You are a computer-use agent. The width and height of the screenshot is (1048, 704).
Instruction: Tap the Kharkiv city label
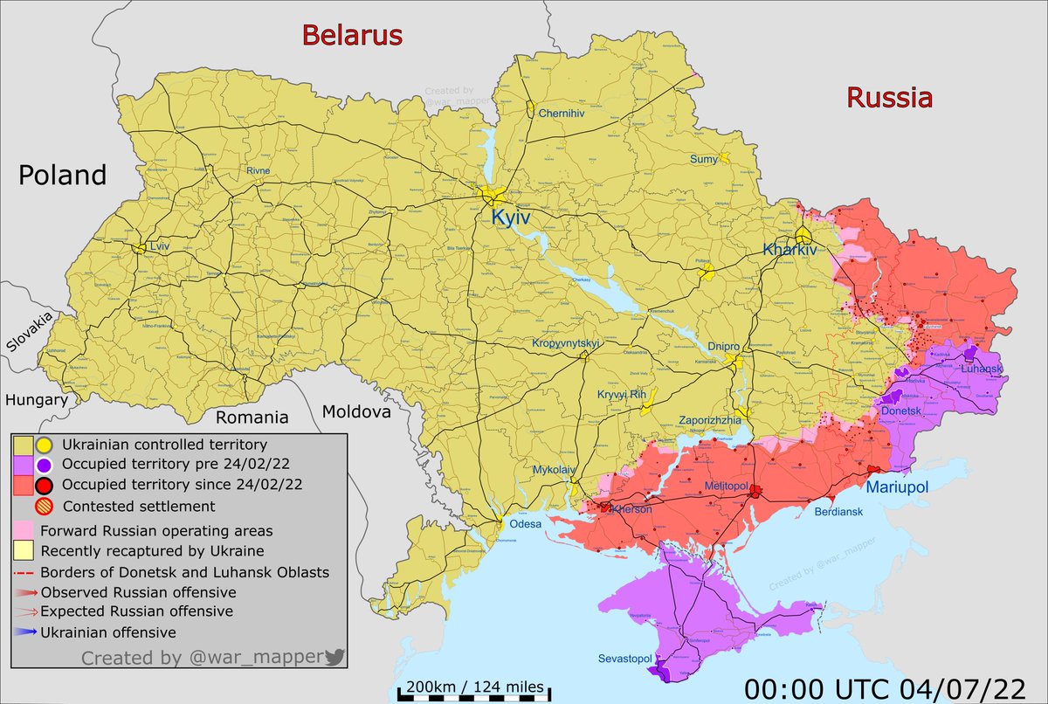pyautogui.click(x=789, y=250)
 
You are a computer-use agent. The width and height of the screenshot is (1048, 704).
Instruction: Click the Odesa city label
pyautogui.click(x=527, y=524)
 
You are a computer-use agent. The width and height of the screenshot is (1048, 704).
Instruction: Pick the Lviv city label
pyautogui.click(x=159, y=248)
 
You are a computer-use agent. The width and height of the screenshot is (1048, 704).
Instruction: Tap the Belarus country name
pyautogui.click(x=352, y=36)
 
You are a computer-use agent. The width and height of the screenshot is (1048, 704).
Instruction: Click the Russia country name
pyautogui.click(x=889, y=98)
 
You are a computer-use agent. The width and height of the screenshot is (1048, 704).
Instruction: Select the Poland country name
pyautogui.click(x=62, y=175)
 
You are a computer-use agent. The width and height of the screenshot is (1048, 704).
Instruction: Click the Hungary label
pyautogui.click(x=36, y=400)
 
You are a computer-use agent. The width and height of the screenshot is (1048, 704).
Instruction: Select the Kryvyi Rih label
pyautogui.click(x=621, y=395)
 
